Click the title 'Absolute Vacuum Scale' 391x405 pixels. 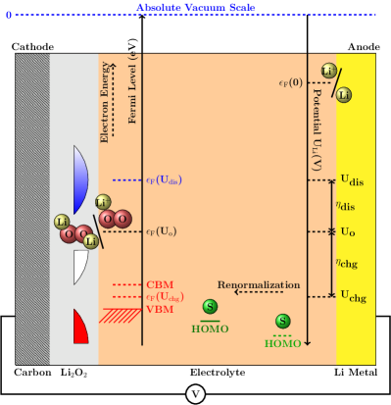[x=195, y=8]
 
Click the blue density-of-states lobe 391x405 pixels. [x=79, y=179]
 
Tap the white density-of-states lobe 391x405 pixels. [x=79, y=267]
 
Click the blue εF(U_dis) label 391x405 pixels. [x=164, y=180]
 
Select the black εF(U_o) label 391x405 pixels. [x=162, y=231]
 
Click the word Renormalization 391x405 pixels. [x=258, y=285]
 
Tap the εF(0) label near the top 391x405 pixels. [x=291, y=82]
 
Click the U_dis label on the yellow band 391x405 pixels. [x=352, y=180]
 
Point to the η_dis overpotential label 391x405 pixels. [x=345, y=205]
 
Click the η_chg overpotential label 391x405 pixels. [x=345, y=263]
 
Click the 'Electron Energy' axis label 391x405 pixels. [x=105, y=101]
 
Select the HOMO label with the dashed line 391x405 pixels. [x=282, y=343]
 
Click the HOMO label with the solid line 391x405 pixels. [x=210, y=329]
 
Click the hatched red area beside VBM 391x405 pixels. [x=121, y=315]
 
